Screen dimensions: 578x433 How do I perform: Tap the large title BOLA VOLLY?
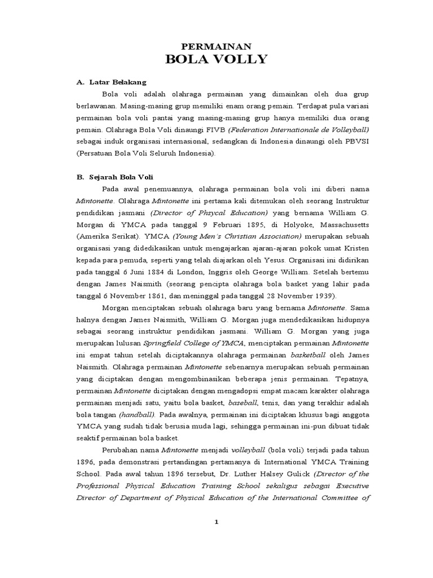pyautogui.click(x=216, y=60)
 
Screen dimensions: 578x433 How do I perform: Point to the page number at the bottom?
pyautogui.click(x=216, y=522)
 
